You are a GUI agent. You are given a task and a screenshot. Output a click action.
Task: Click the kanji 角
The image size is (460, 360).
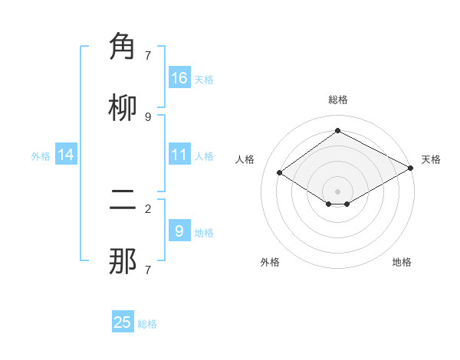click(x=123, y=47)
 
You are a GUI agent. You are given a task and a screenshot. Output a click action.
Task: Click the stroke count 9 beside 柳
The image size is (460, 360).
click(x=148, y=116)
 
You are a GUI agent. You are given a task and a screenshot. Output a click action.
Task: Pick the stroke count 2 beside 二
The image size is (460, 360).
click(x=148, y=208)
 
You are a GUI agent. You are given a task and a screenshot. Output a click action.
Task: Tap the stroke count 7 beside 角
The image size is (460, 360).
click(x=148, y=55)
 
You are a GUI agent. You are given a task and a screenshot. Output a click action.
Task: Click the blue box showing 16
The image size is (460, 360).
click(x=179, y=77)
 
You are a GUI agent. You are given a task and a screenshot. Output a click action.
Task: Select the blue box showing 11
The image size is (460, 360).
click(x=179, y=155)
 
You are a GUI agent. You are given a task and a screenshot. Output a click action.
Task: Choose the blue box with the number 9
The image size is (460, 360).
click(x=179, y=231)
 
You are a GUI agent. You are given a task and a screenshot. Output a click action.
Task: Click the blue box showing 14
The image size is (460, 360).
click(x=66, y=155)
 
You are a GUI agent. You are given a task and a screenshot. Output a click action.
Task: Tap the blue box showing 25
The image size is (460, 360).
click(x=123, y=322)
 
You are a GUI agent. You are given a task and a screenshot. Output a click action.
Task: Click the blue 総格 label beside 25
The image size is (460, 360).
click(x=147, y=324)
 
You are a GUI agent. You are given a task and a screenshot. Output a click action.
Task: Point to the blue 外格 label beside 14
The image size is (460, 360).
click(x=41, y=155)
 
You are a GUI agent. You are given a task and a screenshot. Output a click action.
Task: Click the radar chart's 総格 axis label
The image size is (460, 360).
click(x=337, y=100)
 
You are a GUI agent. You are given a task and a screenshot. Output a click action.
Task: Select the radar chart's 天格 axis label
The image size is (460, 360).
click(x=431, y=159)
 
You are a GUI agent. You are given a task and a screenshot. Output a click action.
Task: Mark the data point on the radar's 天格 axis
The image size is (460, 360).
click(x=411, y=168)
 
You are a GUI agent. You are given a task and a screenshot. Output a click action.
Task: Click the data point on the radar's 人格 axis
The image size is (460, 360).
click(x=280, y=173)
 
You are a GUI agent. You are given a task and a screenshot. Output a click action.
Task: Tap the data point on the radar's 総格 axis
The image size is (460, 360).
click(x=337, y=131)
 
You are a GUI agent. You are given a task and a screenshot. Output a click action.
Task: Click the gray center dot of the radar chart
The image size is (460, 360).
click(x=337, y=191)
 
